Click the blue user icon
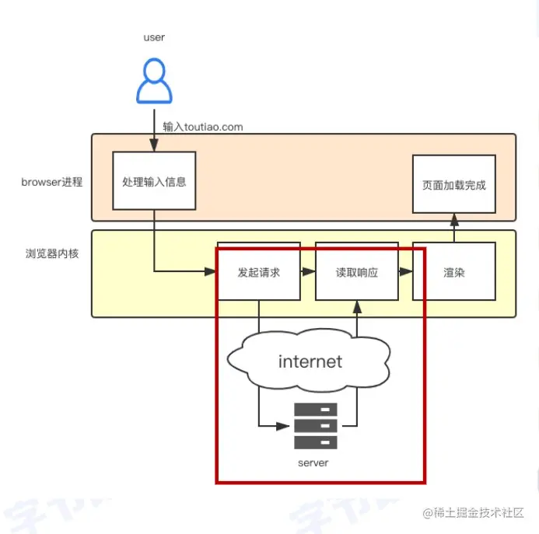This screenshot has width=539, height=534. point(154,82)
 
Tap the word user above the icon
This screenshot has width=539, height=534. point(154,37)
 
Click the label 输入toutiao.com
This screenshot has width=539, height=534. point(203,126)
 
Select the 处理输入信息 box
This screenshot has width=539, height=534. point(154,181)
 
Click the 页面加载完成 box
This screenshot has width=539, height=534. point(453,184)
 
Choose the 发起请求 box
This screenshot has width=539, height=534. point(258,273)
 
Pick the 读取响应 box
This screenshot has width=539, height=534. point(356,273)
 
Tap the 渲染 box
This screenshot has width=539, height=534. point(453,273)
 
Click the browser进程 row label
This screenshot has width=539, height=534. point(51,183)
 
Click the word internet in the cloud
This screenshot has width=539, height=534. point(310,361)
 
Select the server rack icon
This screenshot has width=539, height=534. point(315,426)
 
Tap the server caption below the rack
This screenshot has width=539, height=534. point(313,462)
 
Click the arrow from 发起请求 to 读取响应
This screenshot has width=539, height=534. point(308,272)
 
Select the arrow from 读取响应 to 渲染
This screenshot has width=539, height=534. point(405,272)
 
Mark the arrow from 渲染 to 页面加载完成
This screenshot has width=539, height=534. point(453,227)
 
